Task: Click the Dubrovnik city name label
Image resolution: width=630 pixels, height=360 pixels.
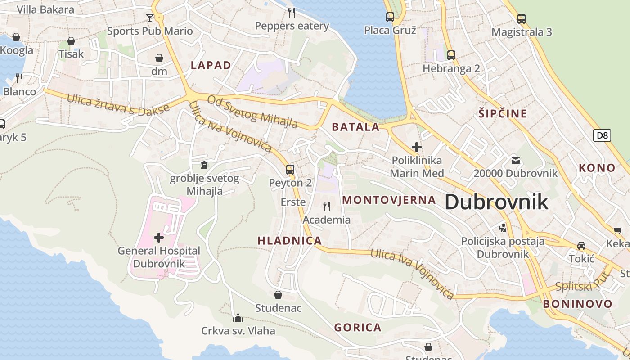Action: pos(496,202)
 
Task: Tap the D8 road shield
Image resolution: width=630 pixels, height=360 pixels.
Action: pos(602,135)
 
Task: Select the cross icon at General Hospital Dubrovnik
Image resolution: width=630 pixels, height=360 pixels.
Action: pos(158,237)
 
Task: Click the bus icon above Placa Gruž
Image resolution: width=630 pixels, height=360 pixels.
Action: pos(390,17)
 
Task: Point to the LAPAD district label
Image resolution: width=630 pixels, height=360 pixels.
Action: pos(211,65)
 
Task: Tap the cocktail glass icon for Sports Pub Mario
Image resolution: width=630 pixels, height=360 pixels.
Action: pos(150,18)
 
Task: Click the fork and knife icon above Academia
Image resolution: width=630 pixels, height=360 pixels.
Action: pos(327,207)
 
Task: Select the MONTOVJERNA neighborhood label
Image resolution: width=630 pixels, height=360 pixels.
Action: pos(389,200)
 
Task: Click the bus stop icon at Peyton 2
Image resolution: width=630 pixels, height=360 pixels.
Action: pos(290,170)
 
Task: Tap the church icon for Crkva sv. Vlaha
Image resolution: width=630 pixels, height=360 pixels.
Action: pos(238,318)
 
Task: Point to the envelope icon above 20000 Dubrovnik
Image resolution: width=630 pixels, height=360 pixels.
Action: pos(515,160)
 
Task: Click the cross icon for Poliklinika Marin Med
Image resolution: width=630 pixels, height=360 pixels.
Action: pos(417,147)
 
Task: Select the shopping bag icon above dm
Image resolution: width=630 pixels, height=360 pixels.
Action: pos(159,58)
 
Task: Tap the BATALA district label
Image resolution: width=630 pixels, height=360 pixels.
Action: pos(355,127)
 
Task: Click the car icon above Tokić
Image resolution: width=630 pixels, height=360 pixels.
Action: pos(581,246)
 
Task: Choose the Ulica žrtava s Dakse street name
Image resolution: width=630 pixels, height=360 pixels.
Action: pos(118,104)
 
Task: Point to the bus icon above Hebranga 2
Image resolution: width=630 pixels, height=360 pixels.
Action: pos(451,55)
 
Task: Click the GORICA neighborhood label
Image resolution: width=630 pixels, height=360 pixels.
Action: pos(358,327)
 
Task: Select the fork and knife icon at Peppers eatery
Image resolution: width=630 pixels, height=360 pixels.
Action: pos(292,13)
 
